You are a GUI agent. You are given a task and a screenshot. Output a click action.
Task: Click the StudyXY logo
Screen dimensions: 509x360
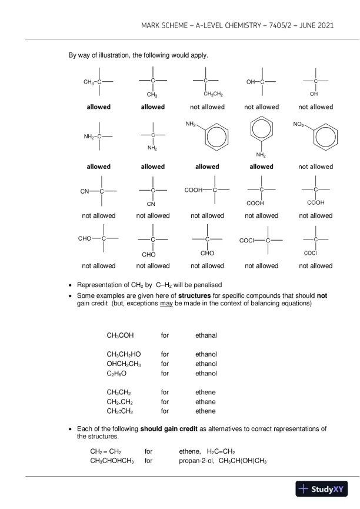[322, 489]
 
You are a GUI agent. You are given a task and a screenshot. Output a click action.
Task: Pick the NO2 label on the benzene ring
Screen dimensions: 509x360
[299, 125]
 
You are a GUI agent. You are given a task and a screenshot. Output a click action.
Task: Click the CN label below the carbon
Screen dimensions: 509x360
[151, 204]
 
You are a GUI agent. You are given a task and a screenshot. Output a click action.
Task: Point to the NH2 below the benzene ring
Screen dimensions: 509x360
[261, 155]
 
